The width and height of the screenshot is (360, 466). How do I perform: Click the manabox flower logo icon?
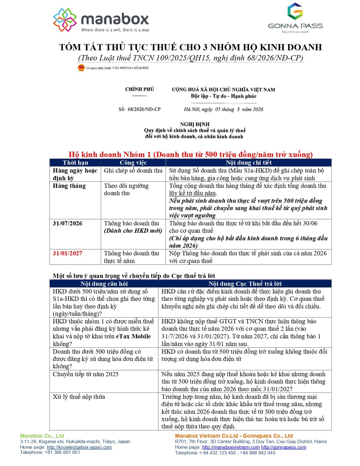pos(65,20)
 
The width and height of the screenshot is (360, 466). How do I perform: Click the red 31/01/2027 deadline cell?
pos(67,253)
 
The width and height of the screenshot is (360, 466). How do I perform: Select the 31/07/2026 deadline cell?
pos(67,223)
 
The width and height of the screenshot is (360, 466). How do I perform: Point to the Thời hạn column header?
pos(75,162)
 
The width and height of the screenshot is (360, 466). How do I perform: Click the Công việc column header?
pos(133,162)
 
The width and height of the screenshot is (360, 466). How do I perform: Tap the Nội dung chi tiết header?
pos(248,162)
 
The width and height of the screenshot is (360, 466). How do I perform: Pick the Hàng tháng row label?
pos(69,186)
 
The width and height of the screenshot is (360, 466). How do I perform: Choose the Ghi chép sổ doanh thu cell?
pos(133,171)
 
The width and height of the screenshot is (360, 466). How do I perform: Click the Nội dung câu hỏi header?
pos(104,284)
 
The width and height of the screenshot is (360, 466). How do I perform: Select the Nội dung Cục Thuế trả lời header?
pos(245,284)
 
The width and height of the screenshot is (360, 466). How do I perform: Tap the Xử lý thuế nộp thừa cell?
pos(79,397)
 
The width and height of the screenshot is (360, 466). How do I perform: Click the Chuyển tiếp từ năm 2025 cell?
pos(86,374)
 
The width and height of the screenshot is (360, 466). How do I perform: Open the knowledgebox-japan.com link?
pos(79,447)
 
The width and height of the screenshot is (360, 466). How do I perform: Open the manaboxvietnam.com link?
pos(230,447)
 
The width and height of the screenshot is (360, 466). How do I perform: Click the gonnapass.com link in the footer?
pos(284,447)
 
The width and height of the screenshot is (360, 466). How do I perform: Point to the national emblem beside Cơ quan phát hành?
pos(81,68)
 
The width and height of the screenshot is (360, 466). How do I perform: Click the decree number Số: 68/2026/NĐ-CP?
pos(139,109)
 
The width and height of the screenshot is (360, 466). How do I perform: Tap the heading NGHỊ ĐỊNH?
pos(195,124)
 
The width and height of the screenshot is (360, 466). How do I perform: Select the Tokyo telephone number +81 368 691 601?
pos(62,452)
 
